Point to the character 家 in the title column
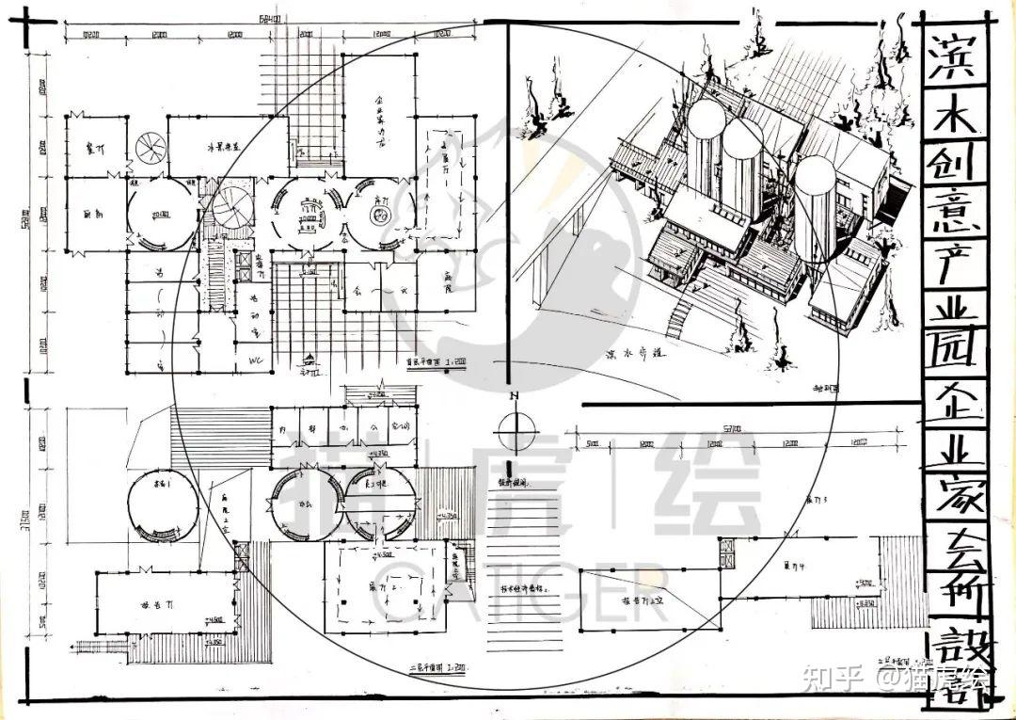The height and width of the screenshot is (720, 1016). (952, 497)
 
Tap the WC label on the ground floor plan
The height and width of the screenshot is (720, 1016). (255, 361)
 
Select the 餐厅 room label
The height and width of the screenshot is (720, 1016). (94, 150)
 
